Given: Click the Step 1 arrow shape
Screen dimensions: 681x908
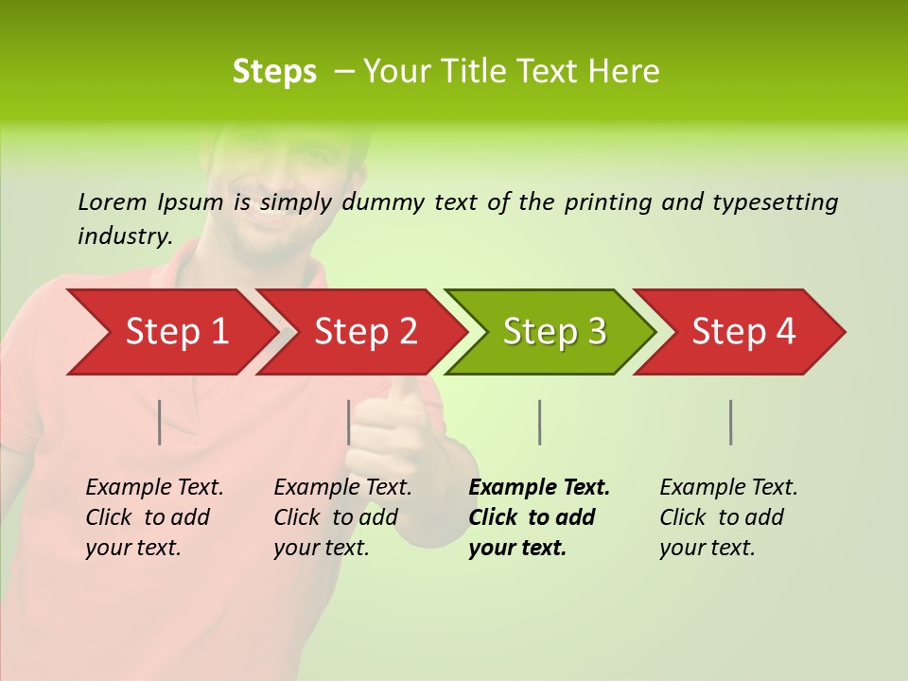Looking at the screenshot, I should coord(170,332).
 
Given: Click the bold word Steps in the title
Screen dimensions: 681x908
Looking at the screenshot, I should coord(274,72).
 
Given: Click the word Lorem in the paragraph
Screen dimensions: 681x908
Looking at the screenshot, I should coord(112,201).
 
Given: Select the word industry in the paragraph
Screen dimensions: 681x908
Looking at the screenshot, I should coord(125,236).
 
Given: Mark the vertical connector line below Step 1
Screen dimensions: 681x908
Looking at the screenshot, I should coord(160,422).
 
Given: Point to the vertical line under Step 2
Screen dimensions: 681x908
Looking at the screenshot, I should coord(349,422).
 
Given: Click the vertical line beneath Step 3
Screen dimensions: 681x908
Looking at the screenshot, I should coord(539,422).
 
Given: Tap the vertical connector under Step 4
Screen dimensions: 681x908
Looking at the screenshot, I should coord(731,422).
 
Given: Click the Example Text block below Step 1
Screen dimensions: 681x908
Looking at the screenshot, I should coord(153,517).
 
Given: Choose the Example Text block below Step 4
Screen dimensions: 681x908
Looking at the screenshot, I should coord(727,517).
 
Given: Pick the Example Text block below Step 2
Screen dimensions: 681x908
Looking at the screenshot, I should coord(341,517).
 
